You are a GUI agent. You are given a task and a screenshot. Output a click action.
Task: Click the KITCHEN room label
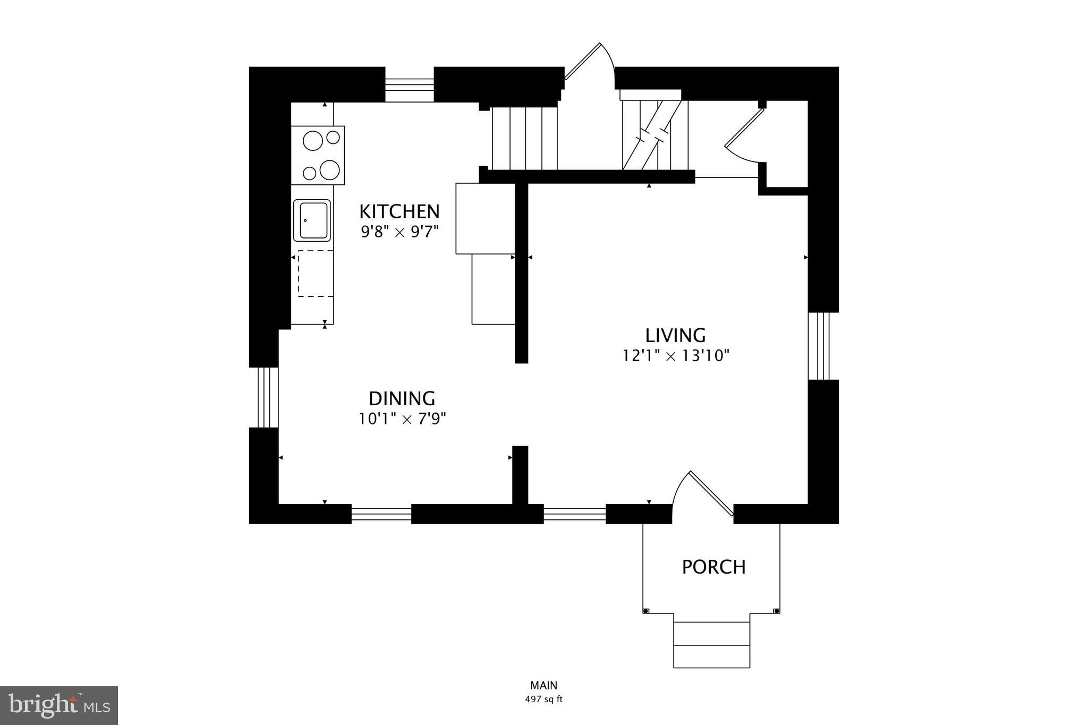point(399,211)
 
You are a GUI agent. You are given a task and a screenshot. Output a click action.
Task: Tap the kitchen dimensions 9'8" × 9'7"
point(399,232)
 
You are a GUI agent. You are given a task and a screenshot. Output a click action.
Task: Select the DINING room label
point(402,398)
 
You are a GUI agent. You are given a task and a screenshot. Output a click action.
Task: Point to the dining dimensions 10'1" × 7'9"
point(402,419)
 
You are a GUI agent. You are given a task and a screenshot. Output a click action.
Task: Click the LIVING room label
point(675,336)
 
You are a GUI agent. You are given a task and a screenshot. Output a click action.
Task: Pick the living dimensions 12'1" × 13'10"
point(676,356)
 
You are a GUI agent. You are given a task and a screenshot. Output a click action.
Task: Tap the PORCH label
point(713,567)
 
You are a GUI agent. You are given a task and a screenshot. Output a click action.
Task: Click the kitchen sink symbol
point(312,220)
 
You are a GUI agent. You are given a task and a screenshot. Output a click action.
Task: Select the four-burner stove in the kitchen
point(318,155)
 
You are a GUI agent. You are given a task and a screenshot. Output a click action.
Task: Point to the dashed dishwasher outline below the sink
point(315,273)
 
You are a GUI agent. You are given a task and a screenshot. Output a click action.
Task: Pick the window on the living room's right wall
point(822,346)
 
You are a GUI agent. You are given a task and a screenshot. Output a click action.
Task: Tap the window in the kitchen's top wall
point(409,84)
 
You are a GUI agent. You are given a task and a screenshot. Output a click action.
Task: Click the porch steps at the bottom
point(711,644)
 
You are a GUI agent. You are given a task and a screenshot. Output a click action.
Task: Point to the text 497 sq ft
point(543,700)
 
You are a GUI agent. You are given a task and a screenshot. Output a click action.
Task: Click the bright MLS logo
point(59,705)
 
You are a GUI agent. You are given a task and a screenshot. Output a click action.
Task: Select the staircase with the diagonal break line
point(655,135)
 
